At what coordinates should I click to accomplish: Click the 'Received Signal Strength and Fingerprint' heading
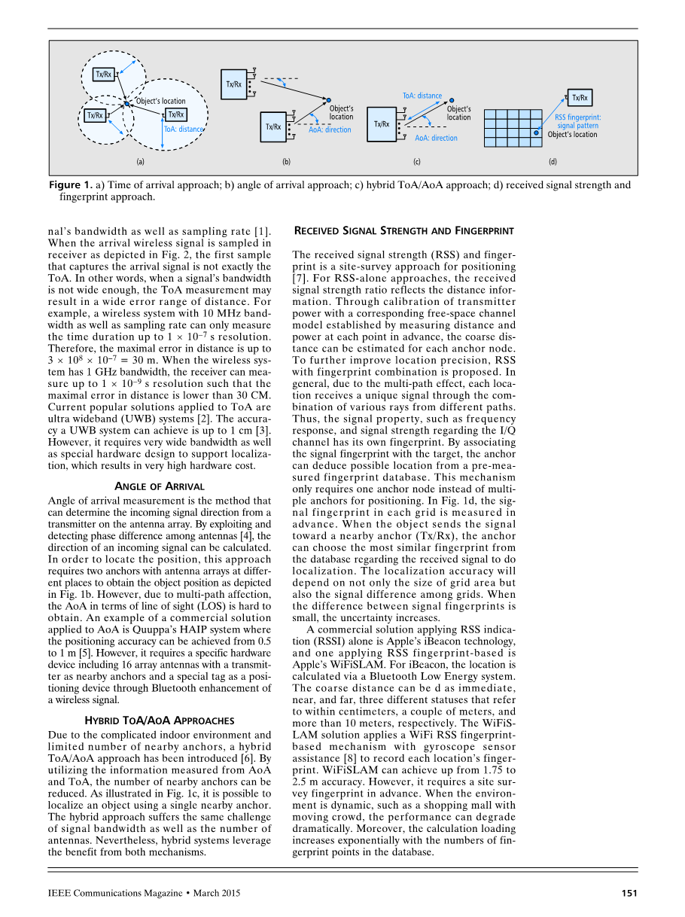click(x=403, y=230)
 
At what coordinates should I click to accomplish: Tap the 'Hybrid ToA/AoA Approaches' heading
click(x=160, y=720)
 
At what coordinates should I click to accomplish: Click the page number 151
click(x=629, y=893)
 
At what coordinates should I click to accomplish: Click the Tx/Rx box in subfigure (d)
click(x=580, y=97)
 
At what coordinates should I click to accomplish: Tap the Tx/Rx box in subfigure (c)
click(x=382, y=124)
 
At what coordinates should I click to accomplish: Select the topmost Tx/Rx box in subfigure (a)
click(x=103, y=74)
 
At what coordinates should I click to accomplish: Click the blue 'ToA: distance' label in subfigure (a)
click(x=184, y=129)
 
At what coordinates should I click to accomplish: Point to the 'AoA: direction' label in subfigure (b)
click(x=330, y=130)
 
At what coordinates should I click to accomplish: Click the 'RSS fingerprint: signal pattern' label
click(x=577, y=121)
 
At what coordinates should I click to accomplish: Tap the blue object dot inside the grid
click(x=536, y=133)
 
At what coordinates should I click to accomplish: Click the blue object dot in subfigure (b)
click(x=328, y=99)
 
